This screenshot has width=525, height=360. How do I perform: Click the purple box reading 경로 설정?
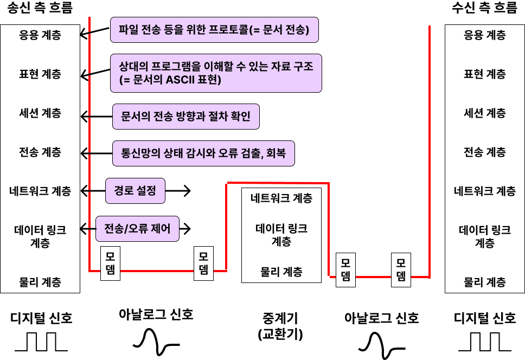(135, 191)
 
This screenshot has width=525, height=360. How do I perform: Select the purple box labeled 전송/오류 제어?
(137, 229)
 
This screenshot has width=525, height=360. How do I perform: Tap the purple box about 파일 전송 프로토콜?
(214, 30)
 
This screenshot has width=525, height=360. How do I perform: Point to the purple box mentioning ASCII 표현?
(216, 73)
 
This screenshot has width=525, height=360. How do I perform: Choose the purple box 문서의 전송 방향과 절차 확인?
(185, 117)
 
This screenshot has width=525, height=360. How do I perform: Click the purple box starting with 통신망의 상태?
(203, 153)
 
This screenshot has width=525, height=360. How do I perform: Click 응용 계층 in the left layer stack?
(40, 35)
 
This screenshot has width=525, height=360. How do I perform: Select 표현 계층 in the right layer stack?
(485, 74)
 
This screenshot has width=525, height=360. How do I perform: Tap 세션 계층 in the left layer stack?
(40, 113)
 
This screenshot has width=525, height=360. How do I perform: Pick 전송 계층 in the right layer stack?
(485, 152)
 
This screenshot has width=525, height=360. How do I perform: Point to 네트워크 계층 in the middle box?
(281, 198)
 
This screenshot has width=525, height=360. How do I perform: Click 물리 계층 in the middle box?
(281, 272)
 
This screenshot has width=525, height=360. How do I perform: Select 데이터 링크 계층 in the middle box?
(281, 235)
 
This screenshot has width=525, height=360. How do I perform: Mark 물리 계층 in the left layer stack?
(40, 282)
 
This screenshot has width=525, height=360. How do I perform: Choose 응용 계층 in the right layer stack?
(485, 35)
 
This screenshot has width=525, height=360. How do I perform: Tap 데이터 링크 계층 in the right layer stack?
(485, 236)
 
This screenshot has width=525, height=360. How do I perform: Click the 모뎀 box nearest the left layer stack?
(111, 264)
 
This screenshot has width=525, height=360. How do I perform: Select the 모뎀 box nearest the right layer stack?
(401, 270)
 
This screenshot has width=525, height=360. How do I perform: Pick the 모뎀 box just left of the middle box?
(204, 264)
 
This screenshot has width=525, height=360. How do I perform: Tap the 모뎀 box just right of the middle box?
(345, 270)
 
